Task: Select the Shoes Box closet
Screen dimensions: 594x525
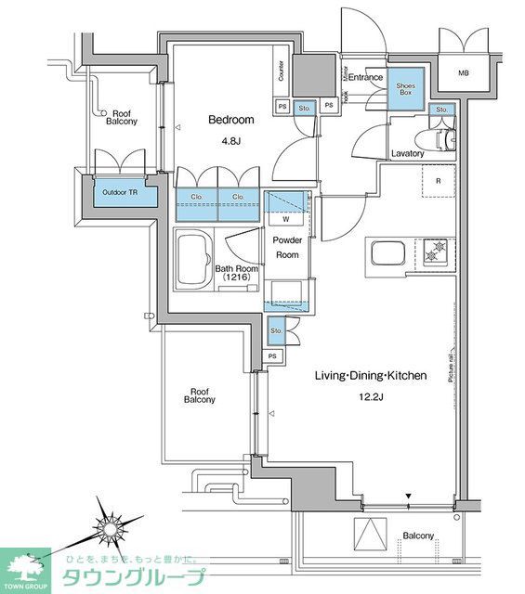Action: [406, 90]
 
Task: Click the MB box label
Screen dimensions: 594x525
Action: [462, 72]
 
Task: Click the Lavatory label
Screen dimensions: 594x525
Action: [407, 153]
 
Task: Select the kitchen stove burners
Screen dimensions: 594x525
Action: [434, 251]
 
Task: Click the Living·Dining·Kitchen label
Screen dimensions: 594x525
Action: [370, 376]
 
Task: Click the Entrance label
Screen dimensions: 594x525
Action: [365, 77]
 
